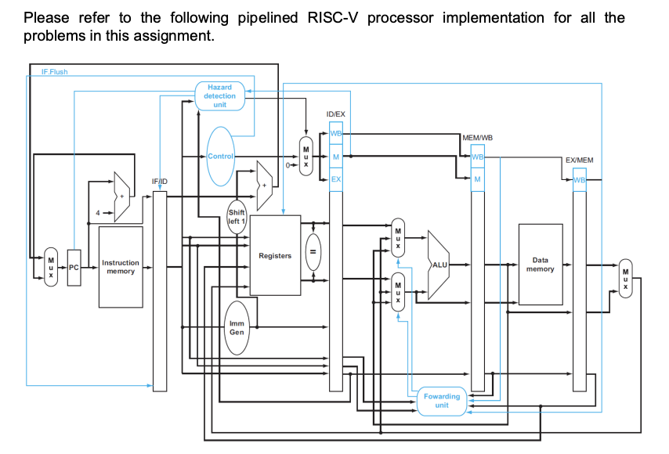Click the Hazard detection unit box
[x=219, y=95]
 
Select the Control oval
[x=220, y=157]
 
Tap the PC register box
[x=74, y=268]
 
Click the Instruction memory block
[x=121, y=267]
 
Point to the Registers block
[x=275, y=256]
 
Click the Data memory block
[x=540, y=265]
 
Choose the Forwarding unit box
[x=442, y=401]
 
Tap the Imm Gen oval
[x=237, y=327]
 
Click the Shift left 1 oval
[x=237, y=216]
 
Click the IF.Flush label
[x=55, y=72]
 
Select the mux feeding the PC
[x=51, y=267]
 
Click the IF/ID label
[x=159, y=182]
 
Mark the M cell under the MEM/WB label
[x=476, y=180]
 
